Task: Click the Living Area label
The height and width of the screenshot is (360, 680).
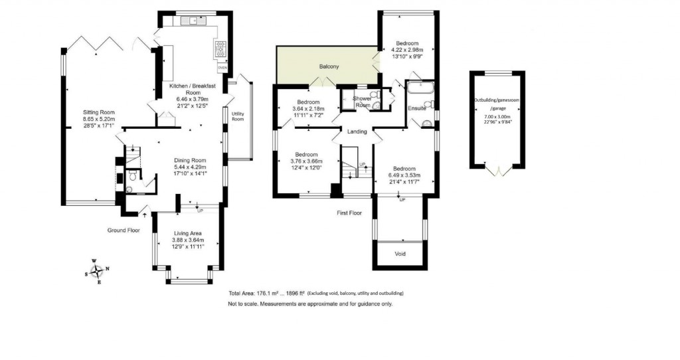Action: click(x=189, y=233)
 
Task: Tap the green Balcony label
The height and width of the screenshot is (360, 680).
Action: click(x=329, y=66)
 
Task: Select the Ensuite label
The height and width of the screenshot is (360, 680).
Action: click(x=417, y=108)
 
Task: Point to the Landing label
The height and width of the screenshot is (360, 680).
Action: click(x=357, y=132)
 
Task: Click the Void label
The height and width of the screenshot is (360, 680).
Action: click(x=400, y=254)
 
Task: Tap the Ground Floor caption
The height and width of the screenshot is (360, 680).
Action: click(x=124, y=230)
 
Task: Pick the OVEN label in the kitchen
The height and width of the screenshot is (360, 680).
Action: click(x=222, y=68)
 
